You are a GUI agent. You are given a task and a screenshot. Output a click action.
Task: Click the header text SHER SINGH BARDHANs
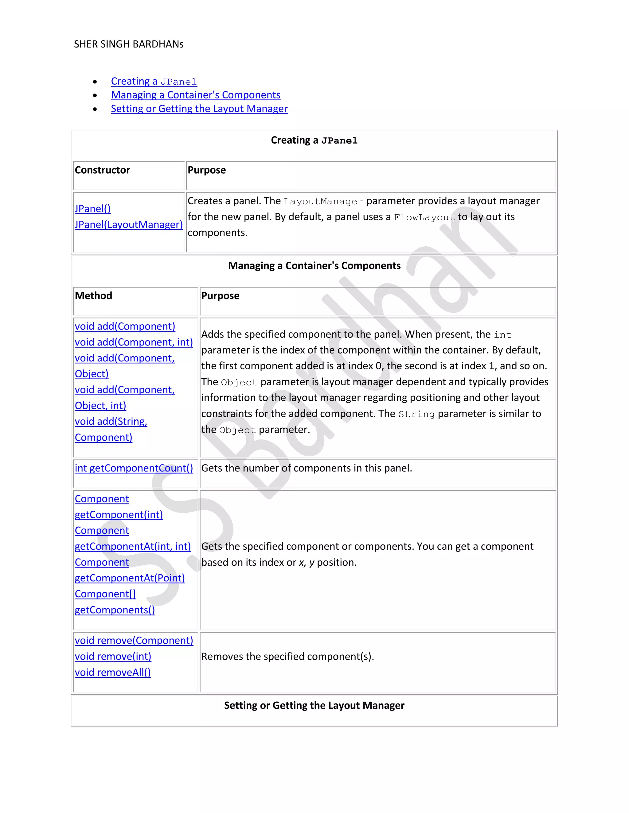pyautogui.click(x=129, y=44)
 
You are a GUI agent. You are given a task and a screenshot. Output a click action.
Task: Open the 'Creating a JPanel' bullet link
pyautogui.click(x=154, y=81)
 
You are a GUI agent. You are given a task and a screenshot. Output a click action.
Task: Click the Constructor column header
pyautogui.click(x=103, y=170)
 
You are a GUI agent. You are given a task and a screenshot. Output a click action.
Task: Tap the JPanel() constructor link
pyautogui.click(x=93, y=209)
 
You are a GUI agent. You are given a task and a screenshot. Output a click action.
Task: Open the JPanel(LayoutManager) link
pyautogui.click(x=129, y=225)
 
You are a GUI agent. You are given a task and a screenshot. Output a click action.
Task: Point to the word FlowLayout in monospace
pyautogui.click(x=424, y=218)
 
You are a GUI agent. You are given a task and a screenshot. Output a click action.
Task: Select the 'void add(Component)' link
pyautogui.click(x=125, y=326)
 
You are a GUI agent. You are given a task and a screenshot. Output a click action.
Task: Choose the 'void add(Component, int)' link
pyautogui.click(x=134, y=342)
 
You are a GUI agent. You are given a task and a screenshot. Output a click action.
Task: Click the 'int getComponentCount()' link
pyautogui.click(x=134, y=468)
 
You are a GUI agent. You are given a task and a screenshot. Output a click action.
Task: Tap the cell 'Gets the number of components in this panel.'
pyautogui.click(x=306, y=468)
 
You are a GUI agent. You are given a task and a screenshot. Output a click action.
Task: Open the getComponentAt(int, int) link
pyautogui.click(x=133, y=546)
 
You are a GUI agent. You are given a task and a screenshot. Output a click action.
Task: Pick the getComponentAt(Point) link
pyautogui.click(x=130, y=578)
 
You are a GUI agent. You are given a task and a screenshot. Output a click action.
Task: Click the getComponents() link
pyautogui.click(x=115, y=610)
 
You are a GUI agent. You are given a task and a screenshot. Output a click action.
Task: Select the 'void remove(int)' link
pyautogui.click(x=113, y=656)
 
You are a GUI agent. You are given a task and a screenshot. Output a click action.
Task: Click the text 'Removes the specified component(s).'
pyautogui.click(x=287, y=656)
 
